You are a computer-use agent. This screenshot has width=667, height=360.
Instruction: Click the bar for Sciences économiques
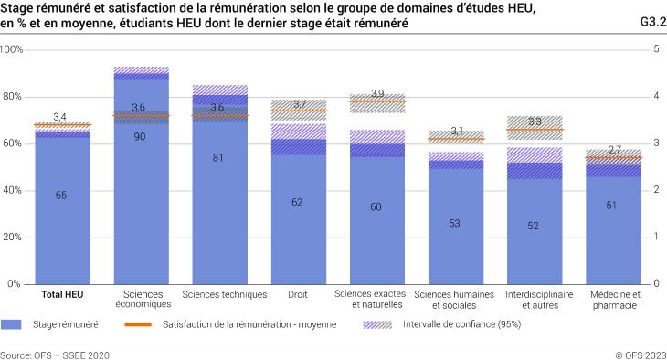[141, 183]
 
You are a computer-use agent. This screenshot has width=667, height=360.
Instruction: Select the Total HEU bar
[62, 210]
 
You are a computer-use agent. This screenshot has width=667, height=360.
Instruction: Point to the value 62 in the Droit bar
[298, 202]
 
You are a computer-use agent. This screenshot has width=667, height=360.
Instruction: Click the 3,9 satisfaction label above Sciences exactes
[377, 94]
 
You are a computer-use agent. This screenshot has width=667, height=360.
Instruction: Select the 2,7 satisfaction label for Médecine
[613, 149]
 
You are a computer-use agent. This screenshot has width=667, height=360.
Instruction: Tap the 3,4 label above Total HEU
[61, 116]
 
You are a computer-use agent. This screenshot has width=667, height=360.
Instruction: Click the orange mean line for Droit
[298, 111]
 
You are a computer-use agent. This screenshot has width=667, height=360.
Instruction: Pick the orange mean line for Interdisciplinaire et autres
[535, 130]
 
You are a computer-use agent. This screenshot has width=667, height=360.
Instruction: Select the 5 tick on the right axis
[654, 49]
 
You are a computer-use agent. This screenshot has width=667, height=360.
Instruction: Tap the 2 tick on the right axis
[654, 190]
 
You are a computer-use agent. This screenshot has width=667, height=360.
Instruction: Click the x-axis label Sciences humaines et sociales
[455, 299]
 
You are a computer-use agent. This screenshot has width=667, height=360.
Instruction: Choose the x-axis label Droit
[298, 294]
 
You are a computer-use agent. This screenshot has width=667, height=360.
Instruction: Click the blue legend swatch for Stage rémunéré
[12, 324]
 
